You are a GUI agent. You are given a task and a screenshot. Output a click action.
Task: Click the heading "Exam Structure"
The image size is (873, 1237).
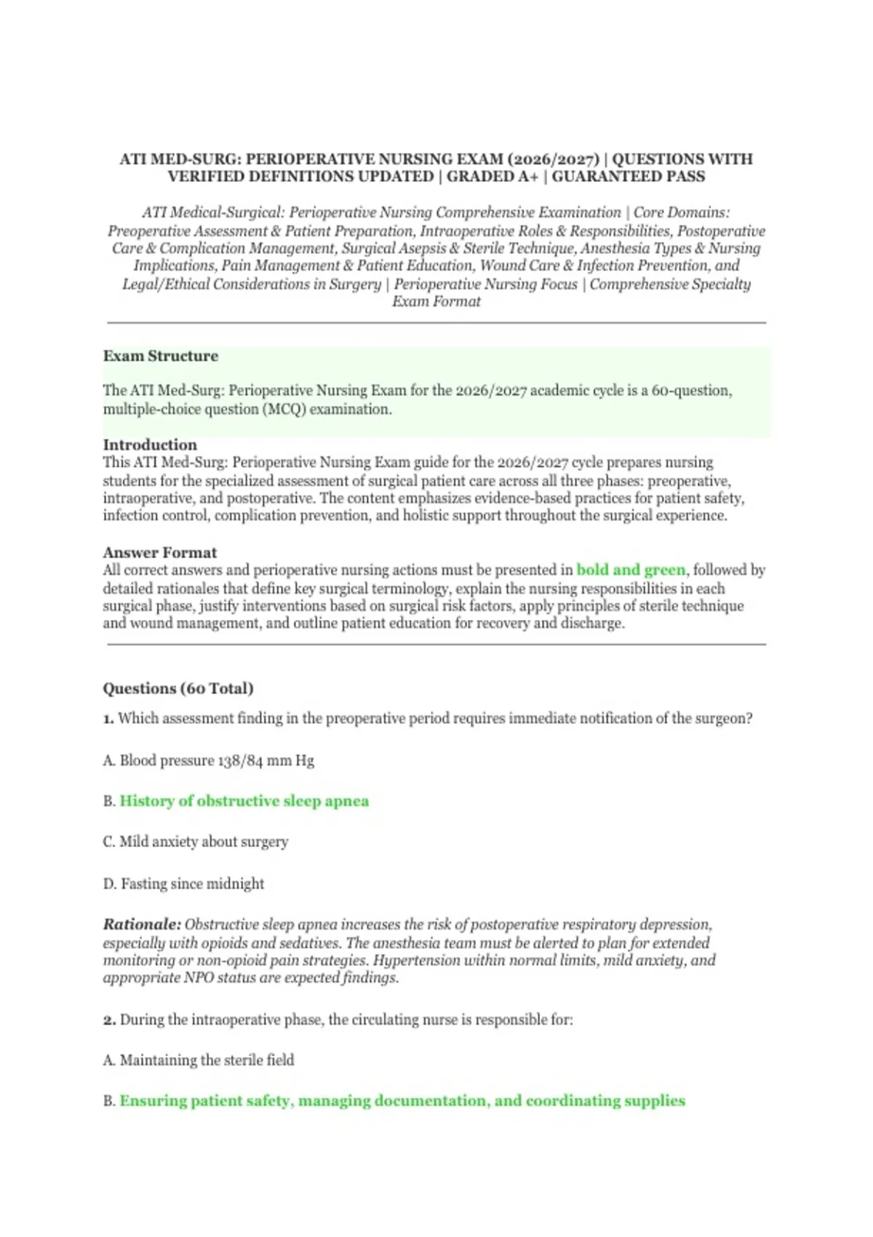[x=160, y=356]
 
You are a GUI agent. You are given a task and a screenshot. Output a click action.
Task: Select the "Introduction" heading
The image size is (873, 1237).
[x=150, y=445]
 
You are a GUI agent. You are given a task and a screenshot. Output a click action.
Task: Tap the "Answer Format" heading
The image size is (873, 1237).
[x=159, y=552]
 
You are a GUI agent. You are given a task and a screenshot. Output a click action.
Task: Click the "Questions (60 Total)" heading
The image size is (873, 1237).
[x=178, y=688]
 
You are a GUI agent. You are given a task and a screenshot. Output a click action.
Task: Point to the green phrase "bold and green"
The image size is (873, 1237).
[x=631, y=570]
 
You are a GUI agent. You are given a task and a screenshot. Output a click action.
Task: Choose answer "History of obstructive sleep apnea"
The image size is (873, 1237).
[x=244, y=801]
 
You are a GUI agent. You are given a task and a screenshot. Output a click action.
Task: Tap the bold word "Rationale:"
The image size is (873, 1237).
[x=142, y=925]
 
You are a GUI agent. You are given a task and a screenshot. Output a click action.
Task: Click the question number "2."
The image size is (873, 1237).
[x=109, y=1019]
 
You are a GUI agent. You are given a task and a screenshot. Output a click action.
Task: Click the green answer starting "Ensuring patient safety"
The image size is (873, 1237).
[x=402, y=1101]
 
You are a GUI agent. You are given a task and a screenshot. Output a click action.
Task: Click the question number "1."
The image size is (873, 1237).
[x=108, y=718]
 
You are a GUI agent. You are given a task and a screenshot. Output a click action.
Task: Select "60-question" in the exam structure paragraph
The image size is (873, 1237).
[x=690, y=391]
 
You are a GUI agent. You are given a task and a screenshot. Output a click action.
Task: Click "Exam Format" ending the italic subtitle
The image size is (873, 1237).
[x=436, y=301]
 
